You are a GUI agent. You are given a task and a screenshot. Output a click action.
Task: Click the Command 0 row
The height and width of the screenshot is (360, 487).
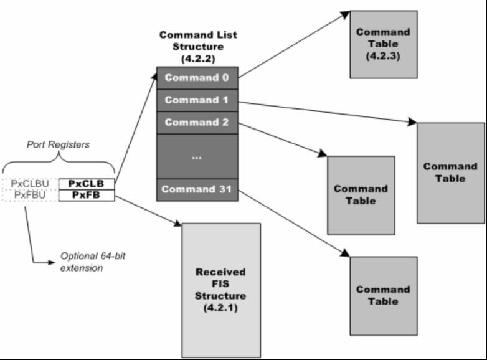click(196, 78)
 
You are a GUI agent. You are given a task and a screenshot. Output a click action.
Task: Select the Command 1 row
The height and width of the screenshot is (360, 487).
click(196, 100)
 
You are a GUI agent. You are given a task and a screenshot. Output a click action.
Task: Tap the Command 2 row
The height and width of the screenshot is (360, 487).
click(196, 122)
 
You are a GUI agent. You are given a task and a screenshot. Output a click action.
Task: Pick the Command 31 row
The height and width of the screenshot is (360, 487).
click(196, 189)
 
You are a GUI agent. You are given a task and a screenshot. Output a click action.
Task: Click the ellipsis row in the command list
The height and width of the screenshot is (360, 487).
click(196, 156)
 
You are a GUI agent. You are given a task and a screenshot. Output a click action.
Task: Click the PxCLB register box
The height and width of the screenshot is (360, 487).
click(87, 184)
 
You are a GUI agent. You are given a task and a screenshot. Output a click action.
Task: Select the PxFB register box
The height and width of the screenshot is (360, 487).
click(87, 195)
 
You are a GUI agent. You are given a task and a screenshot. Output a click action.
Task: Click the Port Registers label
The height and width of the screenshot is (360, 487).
click(58, 144)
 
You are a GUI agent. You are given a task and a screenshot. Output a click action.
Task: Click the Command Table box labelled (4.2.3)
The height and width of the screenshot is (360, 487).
click(383, 44)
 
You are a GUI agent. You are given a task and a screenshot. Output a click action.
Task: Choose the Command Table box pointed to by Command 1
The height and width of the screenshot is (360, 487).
click(450, 173)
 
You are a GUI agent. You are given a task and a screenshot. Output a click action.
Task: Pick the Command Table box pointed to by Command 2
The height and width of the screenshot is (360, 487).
click(361, 194)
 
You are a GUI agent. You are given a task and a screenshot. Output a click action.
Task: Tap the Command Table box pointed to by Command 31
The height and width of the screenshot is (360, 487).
click(383, 295)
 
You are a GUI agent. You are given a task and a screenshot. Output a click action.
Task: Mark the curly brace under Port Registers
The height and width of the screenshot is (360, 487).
click(59, 165)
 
